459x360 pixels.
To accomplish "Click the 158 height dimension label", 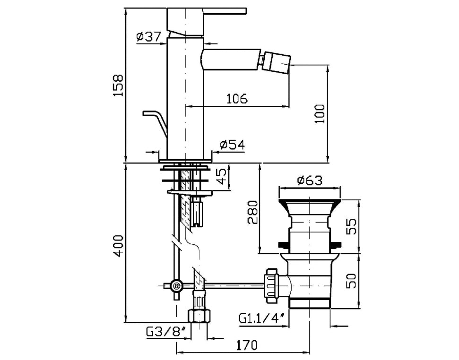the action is coord(119,86).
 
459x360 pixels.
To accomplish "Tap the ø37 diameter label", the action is coord(149,36).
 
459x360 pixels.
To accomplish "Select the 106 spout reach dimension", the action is coord(237,99).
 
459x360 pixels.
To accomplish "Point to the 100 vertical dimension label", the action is coord(320,114).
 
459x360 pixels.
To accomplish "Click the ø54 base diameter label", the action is coord(233,145).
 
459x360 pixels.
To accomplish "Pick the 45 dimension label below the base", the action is coord(222,176).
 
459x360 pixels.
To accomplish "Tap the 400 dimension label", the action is coord(119,246).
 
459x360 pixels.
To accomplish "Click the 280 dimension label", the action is coord(252,212).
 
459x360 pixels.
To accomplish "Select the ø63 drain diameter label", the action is coord(310,180).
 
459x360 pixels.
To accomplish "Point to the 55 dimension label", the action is coord(351,226).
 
